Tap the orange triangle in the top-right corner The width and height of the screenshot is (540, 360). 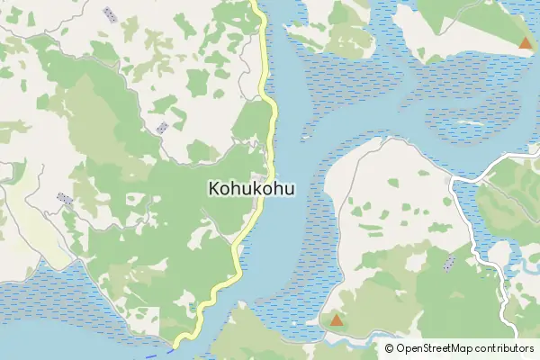click(525, 42)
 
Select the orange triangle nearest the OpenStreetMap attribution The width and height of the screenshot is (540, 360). click(336, 319)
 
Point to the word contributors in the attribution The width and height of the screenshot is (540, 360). click(506, 348)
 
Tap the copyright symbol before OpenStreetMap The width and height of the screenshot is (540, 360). click(390, 348)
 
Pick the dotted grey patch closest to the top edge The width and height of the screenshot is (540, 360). click(110, 14)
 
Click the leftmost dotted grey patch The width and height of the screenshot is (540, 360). click(64, 198)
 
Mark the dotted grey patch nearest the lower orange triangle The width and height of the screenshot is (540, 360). click(449, 263)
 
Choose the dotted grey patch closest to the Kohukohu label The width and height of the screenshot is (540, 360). click(162, 127)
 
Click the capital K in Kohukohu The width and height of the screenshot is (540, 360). click(213, 190)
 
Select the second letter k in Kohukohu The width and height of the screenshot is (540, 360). click(258, 190)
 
